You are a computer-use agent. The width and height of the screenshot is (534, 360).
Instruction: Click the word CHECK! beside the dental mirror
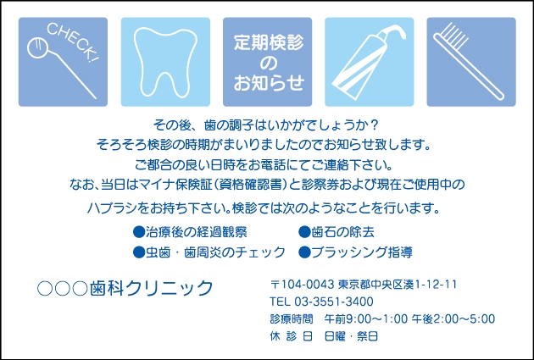(x=72, y=42)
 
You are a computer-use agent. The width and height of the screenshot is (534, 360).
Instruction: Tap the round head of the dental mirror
(x=36, y=48)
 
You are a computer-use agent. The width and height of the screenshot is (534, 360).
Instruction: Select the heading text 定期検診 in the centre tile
(x=269, y=42)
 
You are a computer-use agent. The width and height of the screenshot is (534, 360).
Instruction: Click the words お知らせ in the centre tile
(x=269, y=83)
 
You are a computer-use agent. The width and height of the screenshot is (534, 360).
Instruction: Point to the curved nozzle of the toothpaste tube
(x=395, y=31)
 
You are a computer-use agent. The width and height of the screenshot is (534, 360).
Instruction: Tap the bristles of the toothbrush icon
(x=452, y=35)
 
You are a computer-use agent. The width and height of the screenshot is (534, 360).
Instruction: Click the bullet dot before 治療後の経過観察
(x=139, y=232)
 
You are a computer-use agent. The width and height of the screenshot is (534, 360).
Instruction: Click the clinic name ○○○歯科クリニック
(x=125, y=289)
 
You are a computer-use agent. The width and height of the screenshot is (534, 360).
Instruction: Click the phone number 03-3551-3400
(x=334, y=302)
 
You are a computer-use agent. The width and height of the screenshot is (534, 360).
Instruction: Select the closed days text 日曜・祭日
(x=351, y=336)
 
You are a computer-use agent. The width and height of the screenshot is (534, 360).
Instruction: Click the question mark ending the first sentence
(x=374, y=125)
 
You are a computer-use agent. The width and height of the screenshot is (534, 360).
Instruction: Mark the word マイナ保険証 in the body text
(x=175, y=185)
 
